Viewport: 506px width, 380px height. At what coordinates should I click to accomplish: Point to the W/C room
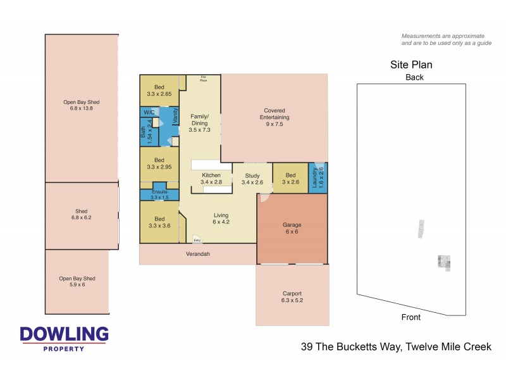click(149, 112)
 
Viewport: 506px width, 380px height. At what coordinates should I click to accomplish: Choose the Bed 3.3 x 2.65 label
click(159, 91)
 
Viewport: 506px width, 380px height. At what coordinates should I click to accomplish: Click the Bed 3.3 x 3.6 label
click(159, 222)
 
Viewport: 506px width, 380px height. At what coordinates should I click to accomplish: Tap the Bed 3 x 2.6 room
click(290, 178)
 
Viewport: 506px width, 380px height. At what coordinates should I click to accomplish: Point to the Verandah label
click(197, 254)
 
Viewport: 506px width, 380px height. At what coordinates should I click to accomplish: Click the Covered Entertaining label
click(275, 117)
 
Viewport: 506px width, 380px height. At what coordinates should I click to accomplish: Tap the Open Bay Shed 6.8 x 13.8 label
click(81, 105)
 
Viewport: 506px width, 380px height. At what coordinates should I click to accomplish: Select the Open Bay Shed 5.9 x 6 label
click(77, 281)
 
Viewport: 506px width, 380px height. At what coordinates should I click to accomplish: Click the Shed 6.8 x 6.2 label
click(81, 215)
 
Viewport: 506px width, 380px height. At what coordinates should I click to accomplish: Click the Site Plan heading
click(410, 65)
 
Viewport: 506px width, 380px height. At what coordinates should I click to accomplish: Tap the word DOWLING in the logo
click(64, 334)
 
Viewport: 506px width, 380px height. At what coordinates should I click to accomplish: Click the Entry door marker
click(197, 239)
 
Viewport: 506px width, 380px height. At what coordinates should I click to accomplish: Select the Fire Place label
click(203, 79)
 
